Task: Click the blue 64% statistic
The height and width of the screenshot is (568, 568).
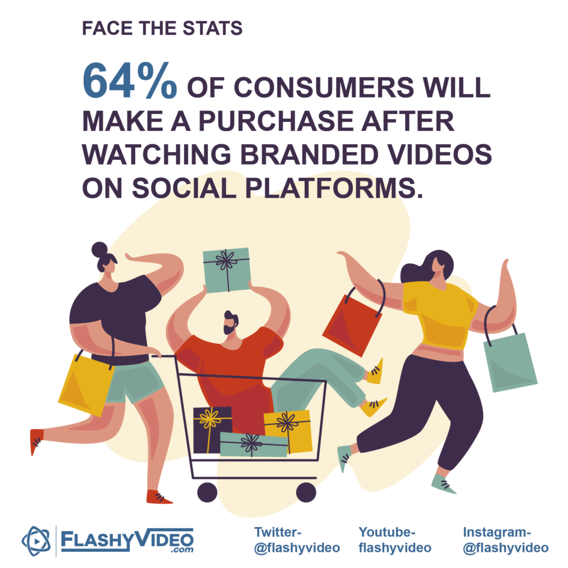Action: pos(130,81)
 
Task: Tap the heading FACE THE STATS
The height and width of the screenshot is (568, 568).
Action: pos(162,28)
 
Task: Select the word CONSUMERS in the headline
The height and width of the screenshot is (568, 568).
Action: pos(324,87)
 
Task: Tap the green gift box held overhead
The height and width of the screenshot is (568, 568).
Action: pos(227,269)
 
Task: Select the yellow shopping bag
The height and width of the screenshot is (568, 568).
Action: pos(87,384)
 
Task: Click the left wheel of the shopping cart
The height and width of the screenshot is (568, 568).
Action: pos(207,492)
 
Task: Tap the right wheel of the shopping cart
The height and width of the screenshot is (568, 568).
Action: pos(306,492)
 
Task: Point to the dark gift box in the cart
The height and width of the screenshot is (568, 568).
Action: pos(212,430)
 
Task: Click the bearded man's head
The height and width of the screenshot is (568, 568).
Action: pos(231,322)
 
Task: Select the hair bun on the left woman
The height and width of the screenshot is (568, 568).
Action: pos(100,249)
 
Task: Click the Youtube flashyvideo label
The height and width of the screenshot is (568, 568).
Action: pos(395,540)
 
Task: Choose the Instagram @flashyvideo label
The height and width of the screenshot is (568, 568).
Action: pos(505,540)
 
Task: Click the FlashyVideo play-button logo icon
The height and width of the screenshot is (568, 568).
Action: pos(36,541)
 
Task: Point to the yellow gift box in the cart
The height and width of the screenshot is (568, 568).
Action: pos(288,431)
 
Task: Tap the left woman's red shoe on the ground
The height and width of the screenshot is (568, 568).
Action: pos(159,497)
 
